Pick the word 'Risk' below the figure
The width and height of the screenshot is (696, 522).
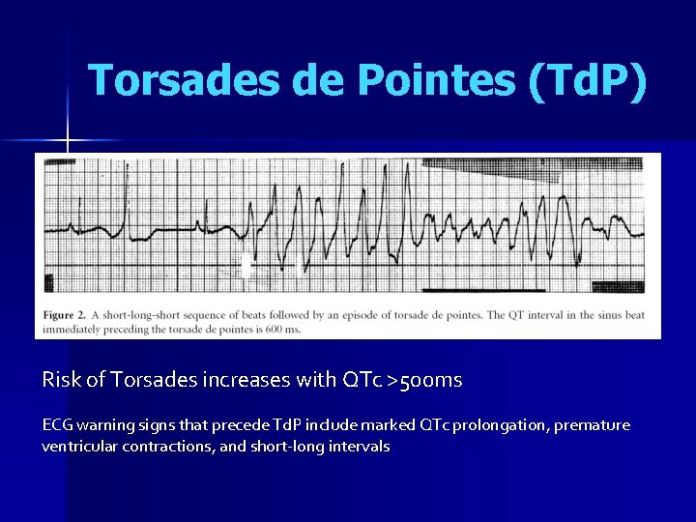tap(61, 381)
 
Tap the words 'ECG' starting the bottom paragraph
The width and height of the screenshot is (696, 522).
tap(57, 425)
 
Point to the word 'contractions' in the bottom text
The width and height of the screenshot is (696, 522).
tap(170, 446)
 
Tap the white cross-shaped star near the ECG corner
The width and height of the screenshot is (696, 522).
tap(67, 142)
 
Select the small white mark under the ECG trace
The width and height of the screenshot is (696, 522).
tap(246, 267)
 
